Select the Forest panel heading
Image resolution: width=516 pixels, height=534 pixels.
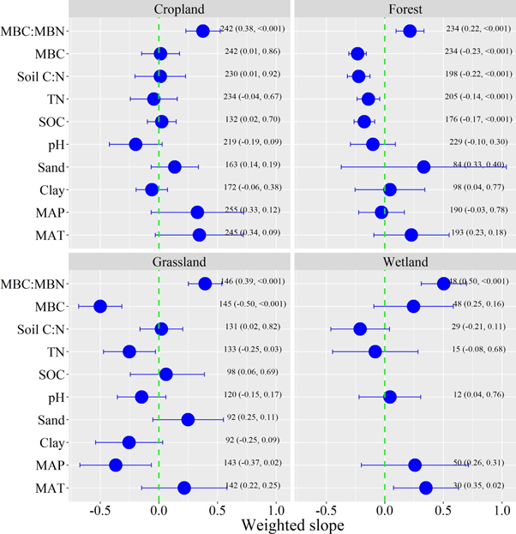tap(404, 9)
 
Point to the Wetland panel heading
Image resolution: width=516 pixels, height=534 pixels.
tap(404, 261)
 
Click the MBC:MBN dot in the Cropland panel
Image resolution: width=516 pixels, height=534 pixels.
tap(203, 31)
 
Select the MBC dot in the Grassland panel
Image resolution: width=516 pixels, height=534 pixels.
tap(100, 306)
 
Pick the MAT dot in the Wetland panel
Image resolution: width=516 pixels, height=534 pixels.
tap(426, 488)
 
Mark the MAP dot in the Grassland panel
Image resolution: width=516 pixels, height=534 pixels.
tap(116, 465)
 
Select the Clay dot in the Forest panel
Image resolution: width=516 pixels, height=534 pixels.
tap(390, 189)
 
